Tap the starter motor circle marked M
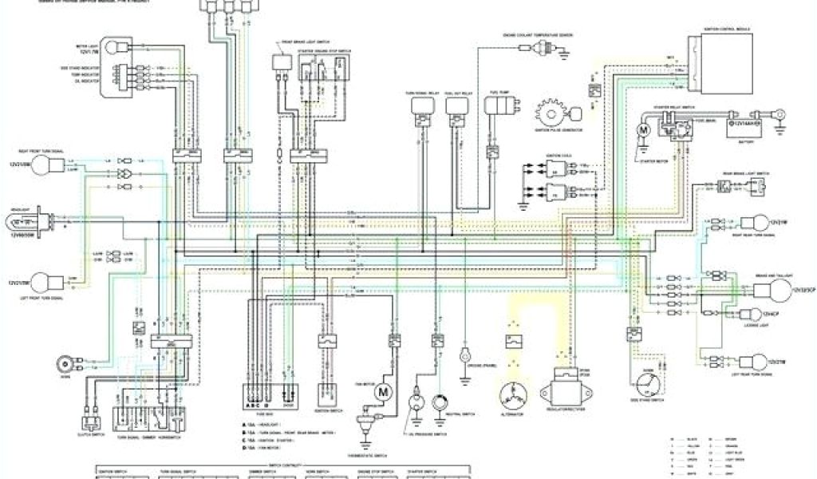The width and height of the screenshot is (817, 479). (644, 127)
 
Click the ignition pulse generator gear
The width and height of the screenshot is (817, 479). (551, 110)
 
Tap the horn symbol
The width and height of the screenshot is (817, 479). (64, 364)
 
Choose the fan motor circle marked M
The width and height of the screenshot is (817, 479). (382, 392)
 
